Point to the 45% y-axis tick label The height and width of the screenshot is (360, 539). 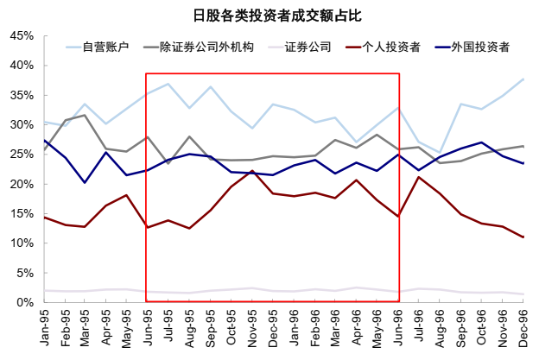pos(22,36)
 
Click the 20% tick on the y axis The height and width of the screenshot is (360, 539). pos(22,184)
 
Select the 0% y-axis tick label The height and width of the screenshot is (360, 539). pos(25,302)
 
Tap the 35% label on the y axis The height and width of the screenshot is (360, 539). pos(22,96)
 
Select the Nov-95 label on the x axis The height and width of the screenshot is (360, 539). pos(252,329)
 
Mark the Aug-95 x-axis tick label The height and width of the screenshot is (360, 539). pos(189,329)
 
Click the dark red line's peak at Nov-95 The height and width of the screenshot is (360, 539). pos(252,171)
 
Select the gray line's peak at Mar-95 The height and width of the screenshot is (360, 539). pos(85,115)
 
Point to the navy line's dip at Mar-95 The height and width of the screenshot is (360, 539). pos(85,182)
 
